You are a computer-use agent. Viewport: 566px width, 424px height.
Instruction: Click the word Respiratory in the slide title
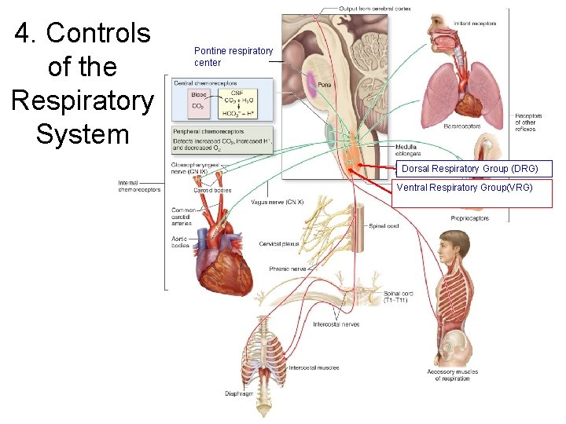tap(82, 101)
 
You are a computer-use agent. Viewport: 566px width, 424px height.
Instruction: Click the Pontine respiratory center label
tap(233, 57)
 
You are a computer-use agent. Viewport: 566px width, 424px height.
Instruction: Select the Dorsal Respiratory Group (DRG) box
tap(469, 169)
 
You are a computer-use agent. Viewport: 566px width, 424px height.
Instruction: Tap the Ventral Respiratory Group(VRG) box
tap(464, 188)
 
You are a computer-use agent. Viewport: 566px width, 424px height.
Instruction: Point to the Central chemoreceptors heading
tap(205, 83)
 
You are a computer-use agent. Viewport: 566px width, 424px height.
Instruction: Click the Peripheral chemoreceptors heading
tap(208, 131)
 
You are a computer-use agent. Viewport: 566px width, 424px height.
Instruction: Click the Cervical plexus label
tap(279, 244)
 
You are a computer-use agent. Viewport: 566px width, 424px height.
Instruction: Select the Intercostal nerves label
tap(336, 324)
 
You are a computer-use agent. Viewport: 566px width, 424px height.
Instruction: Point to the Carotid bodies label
tap(212, 189)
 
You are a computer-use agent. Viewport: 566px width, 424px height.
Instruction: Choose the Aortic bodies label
tap(181, 241)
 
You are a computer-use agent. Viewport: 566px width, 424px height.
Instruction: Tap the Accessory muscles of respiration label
tap(452, 375)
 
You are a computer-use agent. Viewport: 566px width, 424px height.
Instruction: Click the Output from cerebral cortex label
tap(375, 9)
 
